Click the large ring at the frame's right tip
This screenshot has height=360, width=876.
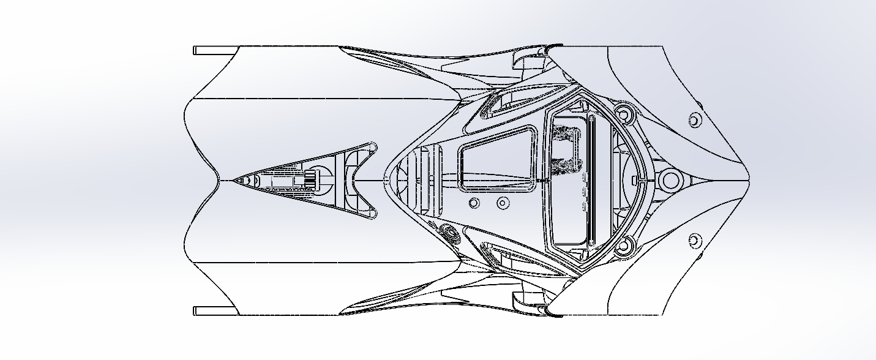click(670, 180)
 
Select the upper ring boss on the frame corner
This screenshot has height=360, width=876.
click(624, 113)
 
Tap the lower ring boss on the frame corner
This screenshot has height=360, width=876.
click(624, 247)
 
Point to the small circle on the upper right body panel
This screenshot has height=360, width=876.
click(694, 119)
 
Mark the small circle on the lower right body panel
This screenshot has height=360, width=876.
click(694, 241)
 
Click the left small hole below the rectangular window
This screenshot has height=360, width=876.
click(473, 203)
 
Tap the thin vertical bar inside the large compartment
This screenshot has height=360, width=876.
click(591, 179)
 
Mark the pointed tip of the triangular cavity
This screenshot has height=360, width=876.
click(236, 180)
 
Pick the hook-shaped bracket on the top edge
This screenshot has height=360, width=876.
click(528, 59)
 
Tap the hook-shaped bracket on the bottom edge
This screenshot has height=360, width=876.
click(528, 301)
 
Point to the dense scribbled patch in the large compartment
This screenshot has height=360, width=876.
click(567, 150)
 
